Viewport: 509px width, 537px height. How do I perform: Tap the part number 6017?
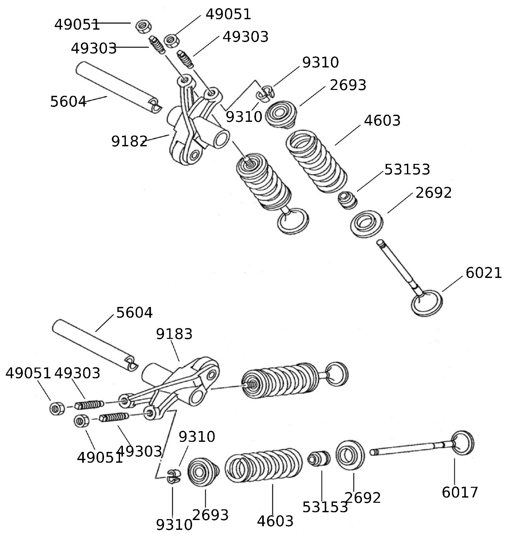[x=460, y=492]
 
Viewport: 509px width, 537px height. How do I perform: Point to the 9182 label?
[x=129, y=141]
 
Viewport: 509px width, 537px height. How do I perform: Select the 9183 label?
[x=174, y=334]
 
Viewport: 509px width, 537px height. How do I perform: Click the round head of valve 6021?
[x=427, y=303]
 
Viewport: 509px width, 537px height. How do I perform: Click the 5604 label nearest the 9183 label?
[x=134, y=313]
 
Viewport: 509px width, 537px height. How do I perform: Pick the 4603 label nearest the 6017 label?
[x=275, y=521]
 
